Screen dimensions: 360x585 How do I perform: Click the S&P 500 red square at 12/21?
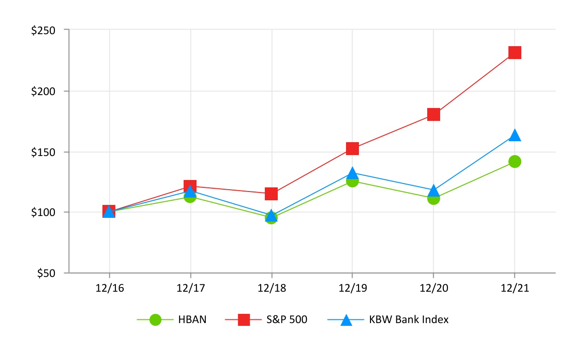pyautogui.click(x=514, y=53)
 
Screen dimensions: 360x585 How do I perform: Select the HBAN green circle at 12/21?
pyautogui.click(x=514, y=162)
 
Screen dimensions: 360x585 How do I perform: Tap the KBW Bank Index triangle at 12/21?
pyautogui.click(x=514, y=135)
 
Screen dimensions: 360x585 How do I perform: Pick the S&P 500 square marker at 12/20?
pyautogui.click(x=433, y=114)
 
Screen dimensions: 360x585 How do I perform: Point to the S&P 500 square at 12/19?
pyautogui.click(x=352, y=149)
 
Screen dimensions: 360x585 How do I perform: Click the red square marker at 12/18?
pyautogui.click(x=271, y=194)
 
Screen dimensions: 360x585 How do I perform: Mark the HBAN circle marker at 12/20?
pyautogui.click(x=433, y=198)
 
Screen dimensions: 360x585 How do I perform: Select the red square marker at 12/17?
pyautogui.click(x=190, y=186)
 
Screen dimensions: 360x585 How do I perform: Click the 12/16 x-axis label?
pyautogui.click(x=109, y=288)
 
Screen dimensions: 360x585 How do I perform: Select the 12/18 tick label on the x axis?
pyautogui.click(x=271, y=288)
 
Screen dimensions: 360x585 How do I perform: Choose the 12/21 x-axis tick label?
pyautogui.click(x=514, y=288)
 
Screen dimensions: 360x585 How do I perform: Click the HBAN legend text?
pyautogui.click(x=192, y=319)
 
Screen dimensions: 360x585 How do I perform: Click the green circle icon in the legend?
pyautogui.click(x=155, y=319)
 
